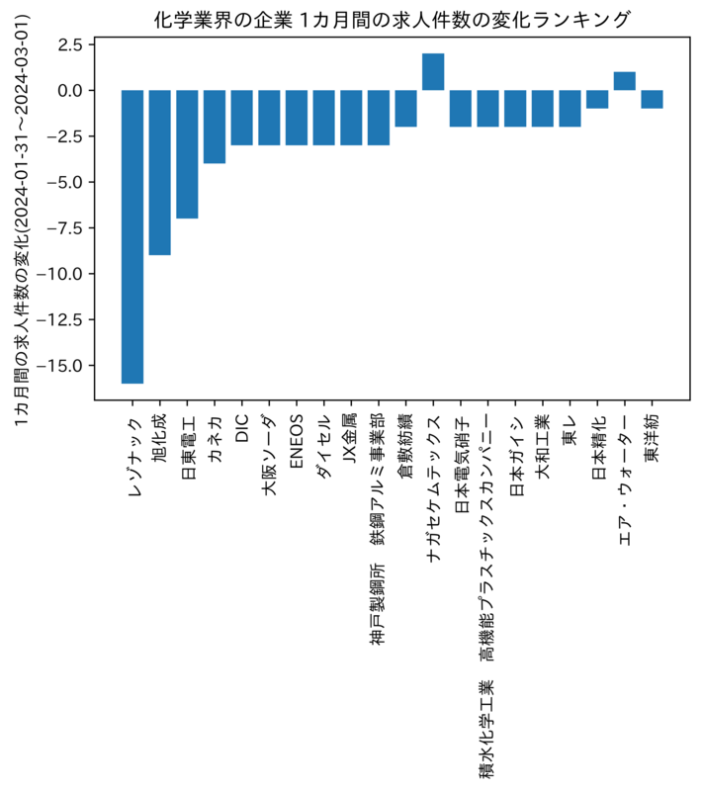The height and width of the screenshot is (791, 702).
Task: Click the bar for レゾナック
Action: [132, 236]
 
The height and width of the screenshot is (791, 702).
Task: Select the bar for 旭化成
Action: [160, 172]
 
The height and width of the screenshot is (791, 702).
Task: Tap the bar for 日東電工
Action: [187, 154]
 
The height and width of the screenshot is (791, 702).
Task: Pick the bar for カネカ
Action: [215, 127]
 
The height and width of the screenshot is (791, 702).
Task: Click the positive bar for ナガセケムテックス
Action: [433, 71]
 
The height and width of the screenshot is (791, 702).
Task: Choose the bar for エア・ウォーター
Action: [624, 81]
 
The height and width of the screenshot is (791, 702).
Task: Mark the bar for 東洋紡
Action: [653, 100]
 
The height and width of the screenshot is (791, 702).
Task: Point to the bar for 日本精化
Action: [597, 100]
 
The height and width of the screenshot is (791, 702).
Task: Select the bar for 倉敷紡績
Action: [406, 109]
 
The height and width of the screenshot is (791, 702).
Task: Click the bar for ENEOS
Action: [297, 118]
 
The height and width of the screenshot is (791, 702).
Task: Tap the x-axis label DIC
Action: [242, 428]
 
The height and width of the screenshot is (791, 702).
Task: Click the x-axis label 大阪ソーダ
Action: [269, 455]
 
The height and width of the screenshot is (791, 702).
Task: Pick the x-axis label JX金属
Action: [352, 438]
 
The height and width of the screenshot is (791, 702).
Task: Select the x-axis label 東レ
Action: [570, 430]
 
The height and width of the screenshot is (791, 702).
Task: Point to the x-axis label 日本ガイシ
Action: [515, 455]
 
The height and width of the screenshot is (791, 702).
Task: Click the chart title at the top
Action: [392, 20]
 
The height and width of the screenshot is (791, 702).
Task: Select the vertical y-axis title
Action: [22, 220]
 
